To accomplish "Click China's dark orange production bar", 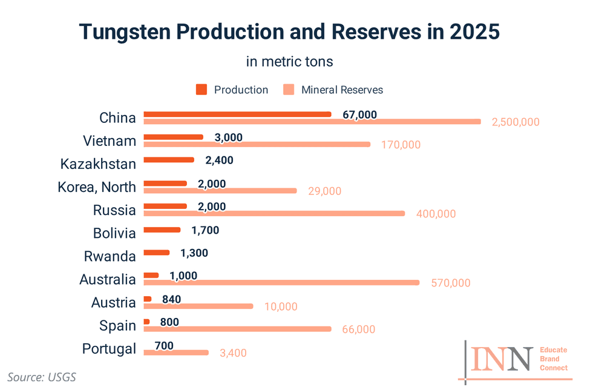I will click(237, 114).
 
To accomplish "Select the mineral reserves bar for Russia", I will click(274, 213).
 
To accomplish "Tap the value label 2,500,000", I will click(515, 122).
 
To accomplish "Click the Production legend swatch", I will click(201, 90).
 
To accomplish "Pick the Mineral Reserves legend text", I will click(342, 90).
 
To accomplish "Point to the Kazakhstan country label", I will click(98, 164).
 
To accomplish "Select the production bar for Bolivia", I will click(162, 230).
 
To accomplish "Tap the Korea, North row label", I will click(97, 187).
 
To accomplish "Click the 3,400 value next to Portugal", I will click(233, 352).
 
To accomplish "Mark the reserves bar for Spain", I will click(237, 329).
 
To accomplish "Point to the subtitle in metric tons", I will click(290, 62).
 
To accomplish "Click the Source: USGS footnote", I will click(42, 377).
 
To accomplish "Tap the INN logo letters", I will click(502, 360).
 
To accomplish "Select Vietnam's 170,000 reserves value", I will click(401, 145).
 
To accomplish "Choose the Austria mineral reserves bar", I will click(198, 306).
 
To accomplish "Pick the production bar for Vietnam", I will click(173, 137).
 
